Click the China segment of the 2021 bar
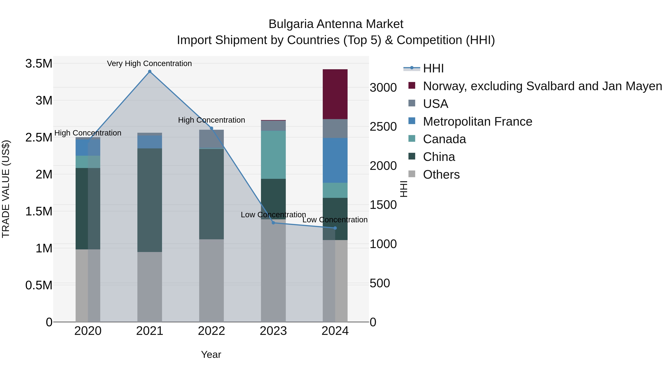point(150,200)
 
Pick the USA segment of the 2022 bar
point(211,139)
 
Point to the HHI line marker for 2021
point(150,71)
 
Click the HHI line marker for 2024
point(335,228)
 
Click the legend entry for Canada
point(444,139)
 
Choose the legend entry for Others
point(441,175)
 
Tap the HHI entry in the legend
point(433,68)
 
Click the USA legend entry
point(435,104)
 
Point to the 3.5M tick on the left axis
point(39,63)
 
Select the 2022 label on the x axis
point(211,331)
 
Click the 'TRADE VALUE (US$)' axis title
point(6,189)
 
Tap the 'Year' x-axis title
point(211,354)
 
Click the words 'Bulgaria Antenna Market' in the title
point(336,24)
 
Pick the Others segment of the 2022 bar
point(211,280)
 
